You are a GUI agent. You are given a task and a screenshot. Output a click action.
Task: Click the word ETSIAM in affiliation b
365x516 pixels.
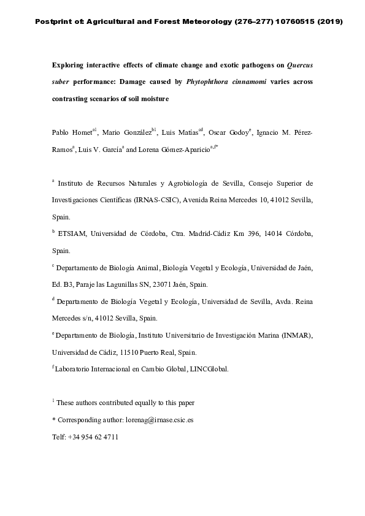pyautogui.click(x=75, y=234)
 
